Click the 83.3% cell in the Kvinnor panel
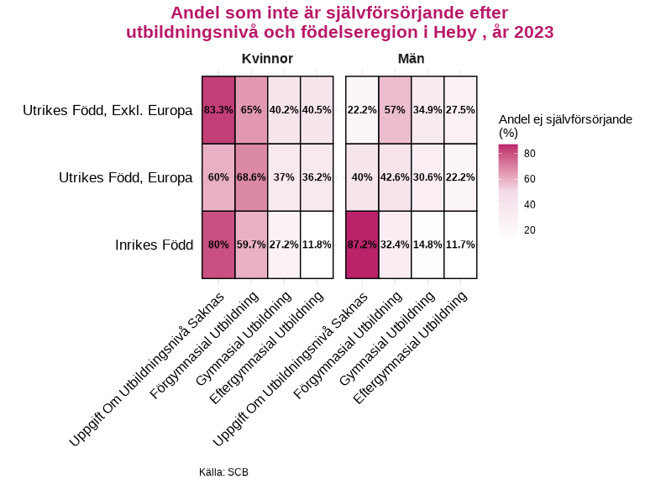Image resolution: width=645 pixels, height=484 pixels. pos(218,110)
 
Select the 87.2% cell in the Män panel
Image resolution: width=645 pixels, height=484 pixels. pos(362,245)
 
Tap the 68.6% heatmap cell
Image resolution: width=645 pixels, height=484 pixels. pos(251,177)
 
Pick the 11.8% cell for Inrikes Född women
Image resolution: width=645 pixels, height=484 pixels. pos(317,245)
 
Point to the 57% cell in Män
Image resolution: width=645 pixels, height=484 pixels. pos(395,110)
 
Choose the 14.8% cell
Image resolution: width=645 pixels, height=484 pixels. pos(427,245)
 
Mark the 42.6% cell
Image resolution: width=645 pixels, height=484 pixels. pos(395,177)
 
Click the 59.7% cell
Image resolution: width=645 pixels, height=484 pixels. pos(251,245)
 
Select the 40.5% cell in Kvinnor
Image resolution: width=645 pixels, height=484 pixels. pos(317,110)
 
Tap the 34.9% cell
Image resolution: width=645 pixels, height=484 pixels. pos(427,110)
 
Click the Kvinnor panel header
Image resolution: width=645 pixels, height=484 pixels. pos(267,59)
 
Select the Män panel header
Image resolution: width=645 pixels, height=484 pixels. pos(411,59)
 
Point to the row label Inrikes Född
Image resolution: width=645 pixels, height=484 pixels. pos(154,245)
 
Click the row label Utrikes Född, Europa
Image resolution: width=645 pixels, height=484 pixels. pos(126,178)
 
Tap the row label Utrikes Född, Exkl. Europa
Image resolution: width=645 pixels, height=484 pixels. pos(107,111)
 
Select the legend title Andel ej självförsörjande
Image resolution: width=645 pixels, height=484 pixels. pos(564,120)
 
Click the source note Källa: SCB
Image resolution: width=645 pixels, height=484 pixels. pos(223,472)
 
